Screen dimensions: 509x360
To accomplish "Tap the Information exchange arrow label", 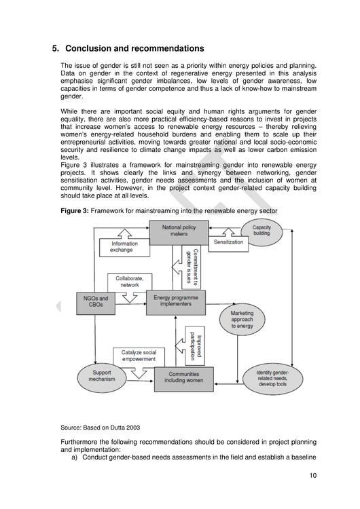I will [122, 248].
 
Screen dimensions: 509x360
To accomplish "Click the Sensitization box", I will [228, 242].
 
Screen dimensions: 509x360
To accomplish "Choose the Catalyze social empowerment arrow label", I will [139, 357].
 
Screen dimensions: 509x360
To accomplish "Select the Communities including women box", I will [183, 379].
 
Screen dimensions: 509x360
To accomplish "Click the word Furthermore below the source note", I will [83, 442].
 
